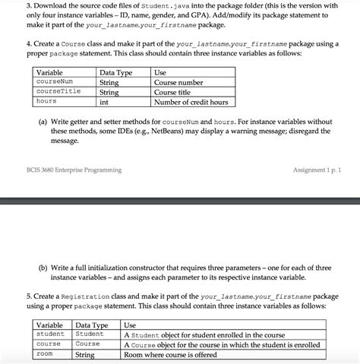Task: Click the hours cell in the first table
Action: (x=46, y=101)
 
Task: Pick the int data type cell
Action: (x=104, y=101)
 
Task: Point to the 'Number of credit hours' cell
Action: (x=191, y=102)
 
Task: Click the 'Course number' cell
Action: (x=178, y=82)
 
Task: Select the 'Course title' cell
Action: (x=174, y=92)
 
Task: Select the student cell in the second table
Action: (x=50, y=334)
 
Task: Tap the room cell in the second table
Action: (x=44, y=354)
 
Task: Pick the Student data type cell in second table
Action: (x=90, y=334)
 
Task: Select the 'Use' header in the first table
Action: (x=160, y=72)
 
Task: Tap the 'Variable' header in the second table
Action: (x=50, y=324)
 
